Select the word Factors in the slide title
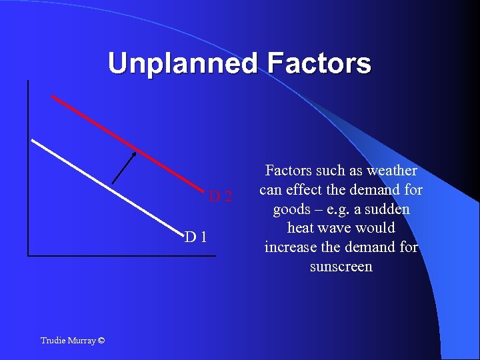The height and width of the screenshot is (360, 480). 319,63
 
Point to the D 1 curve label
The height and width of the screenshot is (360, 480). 196,236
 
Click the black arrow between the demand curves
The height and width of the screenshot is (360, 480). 124,167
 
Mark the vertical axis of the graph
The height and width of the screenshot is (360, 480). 28,167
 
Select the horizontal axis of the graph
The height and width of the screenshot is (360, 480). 120,255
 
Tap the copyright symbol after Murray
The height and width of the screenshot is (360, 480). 101,341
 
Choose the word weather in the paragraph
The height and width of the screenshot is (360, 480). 391,171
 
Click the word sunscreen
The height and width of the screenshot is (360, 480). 341,267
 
